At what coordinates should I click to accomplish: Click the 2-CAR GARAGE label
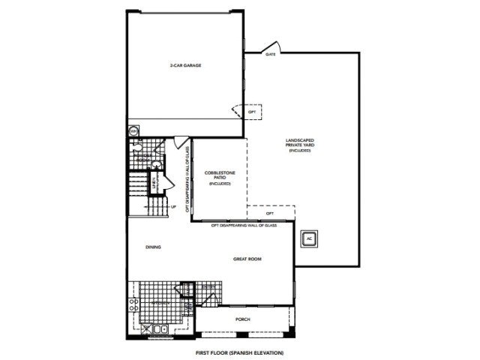point(184,65)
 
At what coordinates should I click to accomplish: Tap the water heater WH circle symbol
point(134,132)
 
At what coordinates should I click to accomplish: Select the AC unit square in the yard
point(308,239)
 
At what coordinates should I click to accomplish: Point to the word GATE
point(269,54)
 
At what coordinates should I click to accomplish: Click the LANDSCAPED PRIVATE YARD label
point(299,144)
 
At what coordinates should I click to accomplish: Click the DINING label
point(153,247)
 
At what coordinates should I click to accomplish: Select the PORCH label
point(242,319)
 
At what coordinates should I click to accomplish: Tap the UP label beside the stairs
point(172,206)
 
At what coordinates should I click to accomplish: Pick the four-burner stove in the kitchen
point(133,305)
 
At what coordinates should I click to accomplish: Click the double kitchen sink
point(160,328)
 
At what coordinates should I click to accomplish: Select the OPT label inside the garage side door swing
point(252,112)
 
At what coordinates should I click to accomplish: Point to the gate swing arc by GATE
point(274,46)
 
